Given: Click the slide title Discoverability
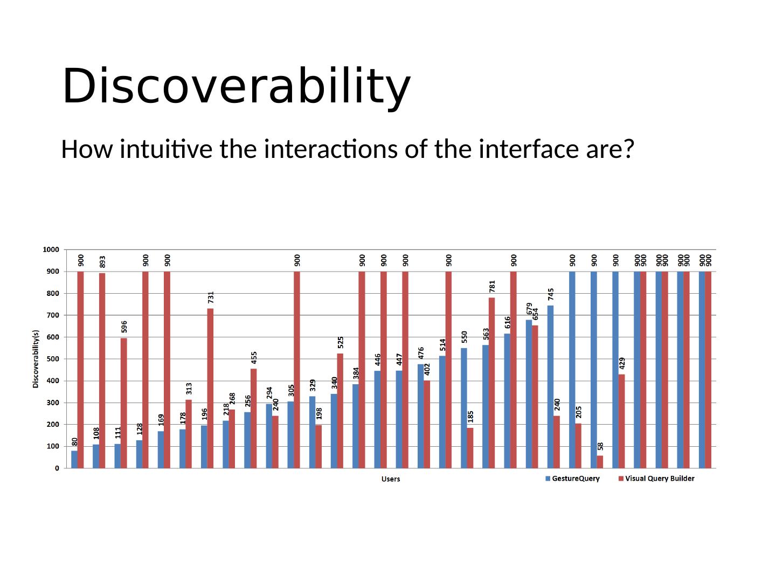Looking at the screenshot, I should [236, 86].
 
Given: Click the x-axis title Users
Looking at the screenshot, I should [391, 479].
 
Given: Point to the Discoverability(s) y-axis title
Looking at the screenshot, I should [36, 359].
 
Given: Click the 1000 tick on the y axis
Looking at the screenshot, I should [51, 250].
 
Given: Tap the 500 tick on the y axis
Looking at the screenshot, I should [52, 359].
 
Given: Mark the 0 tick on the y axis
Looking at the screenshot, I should [57, 468].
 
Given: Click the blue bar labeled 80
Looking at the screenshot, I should [74, 460].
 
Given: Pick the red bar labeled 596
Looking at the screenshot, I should [124, 403].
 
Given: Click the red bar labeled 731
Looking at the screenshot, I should [211, 388].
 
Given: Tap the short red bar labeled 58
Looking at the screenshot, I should [600, 462].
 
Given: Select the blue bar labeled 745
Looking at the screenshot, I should [550, 387].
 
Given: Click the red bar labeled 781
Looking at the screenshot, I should [492, 383].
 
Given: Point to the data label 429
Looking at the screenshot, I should [622, 363].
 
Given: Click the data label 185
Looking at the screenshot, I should [470, 417].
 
